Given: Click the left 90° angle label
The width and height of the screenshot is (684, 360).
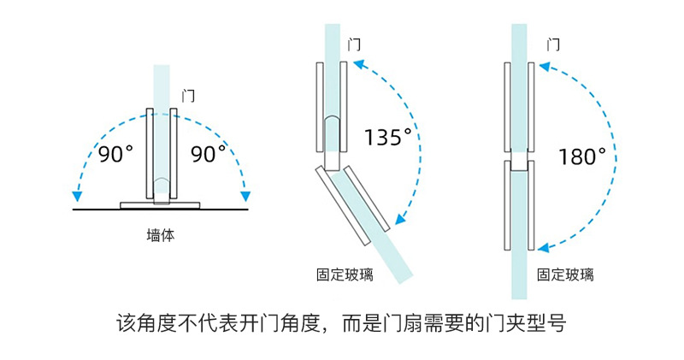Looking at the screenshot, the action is click(115, 155).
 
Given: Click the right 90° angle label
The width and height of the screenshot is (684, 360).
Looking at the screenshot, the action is click(209, 155).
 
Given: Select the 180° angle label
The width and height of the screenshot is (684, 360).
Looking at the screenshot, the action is click(582, 156).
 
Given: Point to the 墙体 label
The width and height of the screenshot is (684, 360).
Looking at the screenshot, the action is click(161, 235).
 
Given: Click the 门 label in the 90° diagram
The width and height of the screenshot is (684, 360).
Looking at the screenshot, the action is click(189, 96).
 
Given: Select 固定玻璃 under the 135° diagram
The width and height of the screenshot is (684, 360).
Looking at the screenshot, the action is click(345, 274).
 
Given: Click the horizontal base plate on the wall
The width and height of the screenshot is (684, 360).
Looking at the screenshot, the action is click(161, 204).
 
